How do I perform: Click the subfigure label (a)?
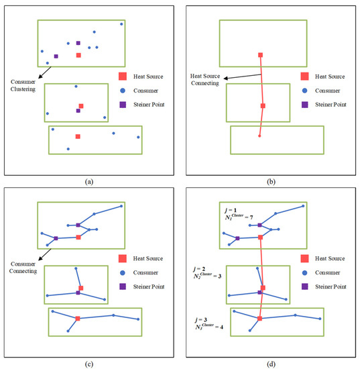tap(89, 180)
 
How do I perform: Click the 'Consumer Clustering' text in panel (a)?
tap(25, 85)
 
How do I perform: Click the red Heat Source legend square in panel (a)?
tap(123, 76)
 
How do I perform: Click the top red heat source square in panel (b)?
tap(260, 54)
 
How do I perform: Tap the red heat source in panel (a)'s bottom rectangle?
tap(78, 136)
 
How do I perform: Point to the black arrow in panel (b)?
tap(241, 76)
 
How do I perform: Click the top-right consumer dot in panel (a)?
tap(121, 24)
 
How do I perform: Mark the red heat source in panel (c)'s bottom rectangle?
tap(78, 318)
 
